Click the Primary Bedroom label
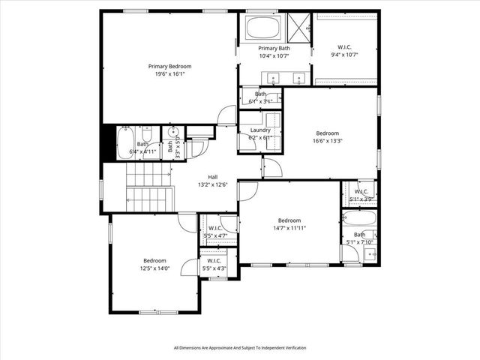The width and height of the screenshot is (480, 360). click(169, 66)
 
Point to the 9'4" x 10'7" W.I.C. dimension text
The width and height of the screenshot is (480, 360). click(346, 55)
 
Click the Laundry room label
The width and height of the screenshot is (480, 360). click(260, 130)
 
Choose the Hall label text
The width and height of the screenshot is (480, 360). click(213, 177)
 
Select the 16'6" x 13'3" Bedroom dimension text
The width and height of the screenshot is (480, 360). click(328, 139)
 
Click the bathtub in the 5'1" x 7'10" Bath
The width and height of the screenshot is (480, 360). click(360, 220)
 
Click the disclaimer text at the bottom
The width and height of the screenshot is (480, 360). click(240, 347)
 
